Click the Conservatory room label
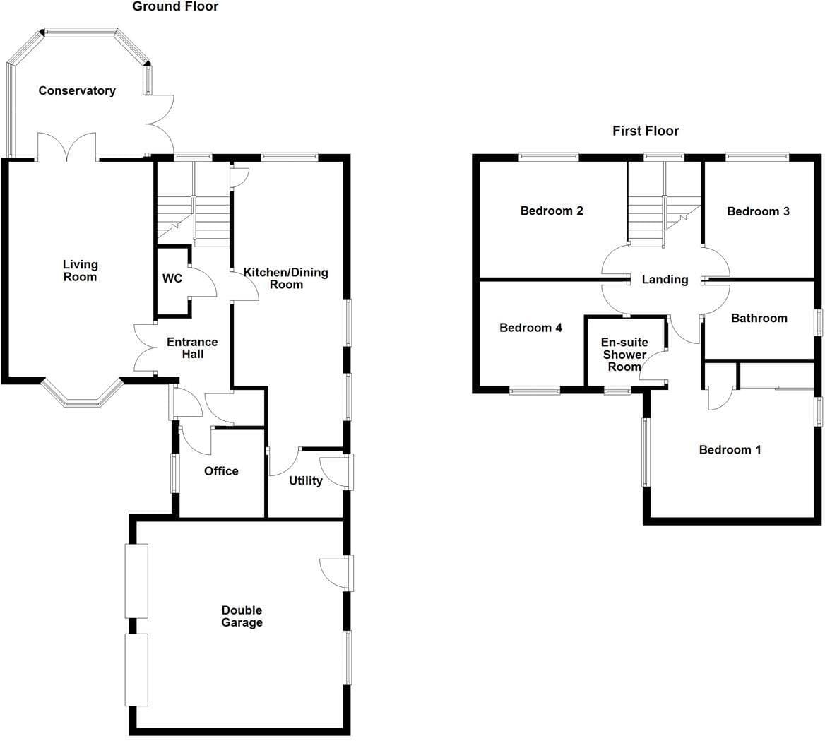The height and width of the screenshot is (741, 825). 77,90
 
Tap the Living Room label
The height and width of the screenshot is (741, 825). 80,271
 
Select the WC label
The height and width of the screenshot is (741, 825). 172,278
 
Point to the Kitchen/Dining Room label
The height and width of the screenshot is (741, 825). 285,278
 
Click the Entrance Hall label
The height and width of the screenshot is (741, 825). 193,348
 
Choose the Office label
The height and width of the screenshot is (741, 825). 221,471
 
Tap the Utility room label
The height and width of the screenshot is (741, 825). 306,480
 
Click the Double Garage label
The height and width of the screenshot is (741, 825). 242,616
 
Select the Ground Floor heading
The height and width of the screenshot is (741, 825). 175,6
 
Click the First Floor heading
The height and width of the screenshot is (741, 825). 646,131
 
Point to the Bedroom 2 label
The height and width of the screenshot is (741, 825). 552,211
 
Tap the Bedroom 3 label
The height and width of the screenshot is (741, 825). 758,211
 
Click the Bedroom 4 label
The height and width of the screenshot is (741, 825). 530,328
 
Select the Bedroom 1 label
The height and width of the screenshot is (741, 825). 730,449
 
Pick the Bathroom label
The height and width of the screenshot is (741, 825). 759,318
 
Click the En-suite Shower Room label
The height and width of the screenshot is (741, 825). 624,354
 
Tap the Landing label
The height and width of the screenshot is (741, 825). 665,280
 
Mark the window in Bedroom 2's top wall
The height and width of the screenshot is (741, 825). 549,156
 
